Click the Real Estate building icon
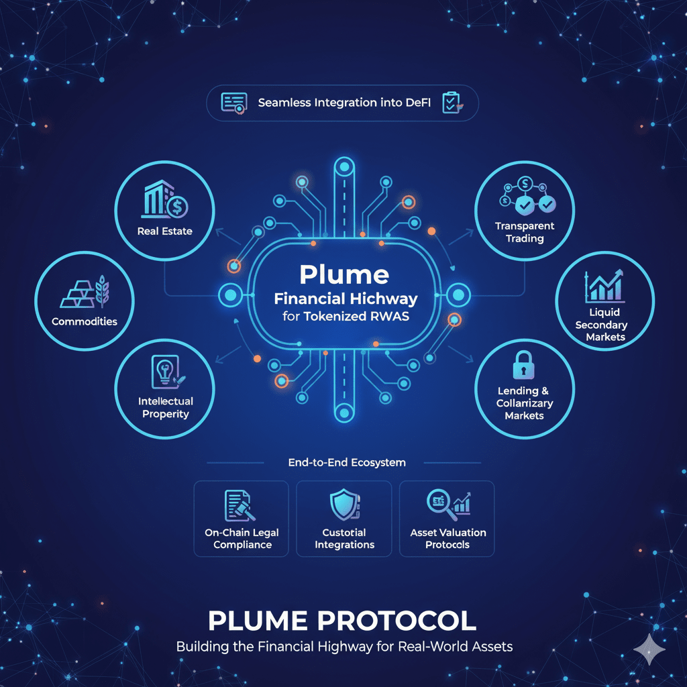165,199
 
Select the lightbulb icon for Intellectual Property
165,372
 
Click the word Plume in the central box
343,274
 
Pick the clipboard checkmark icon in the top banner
450,103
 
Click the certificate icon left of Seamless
234,103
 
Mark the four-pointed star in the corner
649,649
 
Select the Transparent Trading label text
525,232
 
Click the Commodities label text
85,321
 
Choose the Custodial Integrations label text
344,539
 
